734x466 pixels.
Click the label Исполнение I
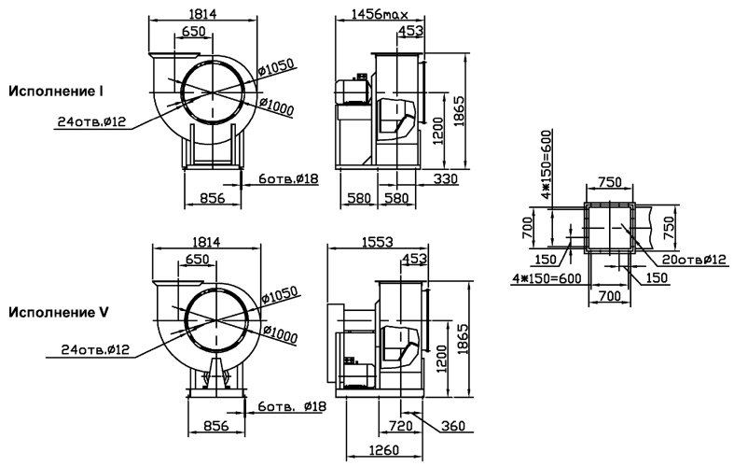tap(56, 91)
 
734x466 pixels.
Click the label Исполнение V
tap(59, 312)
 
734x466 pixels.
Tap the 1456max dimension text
tap(380, 14)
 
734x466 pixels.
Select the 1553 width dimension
tap(378, 242)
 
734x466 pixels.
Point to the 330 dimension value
tap(445, 178)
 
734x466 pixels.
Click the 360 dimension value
tap(453, 426)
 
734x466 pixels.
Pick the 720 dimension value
tap(401, 426)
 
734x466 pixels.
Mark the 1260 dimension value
tap(384, 450)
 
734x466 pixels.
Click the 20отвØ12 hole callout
tap(694, 260)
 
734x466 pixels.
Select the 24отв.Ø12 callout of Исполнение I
tap(91, 121)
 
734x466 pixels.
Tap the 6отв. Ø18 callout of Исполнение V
tap(292, 406)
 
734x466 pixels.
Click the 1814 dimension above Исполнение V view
tap(206, 242)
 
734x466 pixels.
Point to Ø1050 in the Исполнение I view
tap(276, 67)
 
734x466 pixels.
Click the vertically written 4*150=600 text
tap(547, 164)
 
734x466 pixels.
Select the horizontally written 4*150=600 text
tap(547, 278)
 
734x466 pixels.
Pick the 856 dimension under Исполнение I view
tap(213, 198)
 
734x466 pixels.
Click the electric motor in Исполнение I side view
tap(353, 91)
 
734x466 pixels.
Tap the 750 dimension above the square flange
tap(610, 181)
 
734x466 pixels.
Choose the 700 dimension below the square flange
tap(609, 296)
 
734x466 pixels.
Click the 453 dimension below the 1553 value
tap(415, 259)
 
